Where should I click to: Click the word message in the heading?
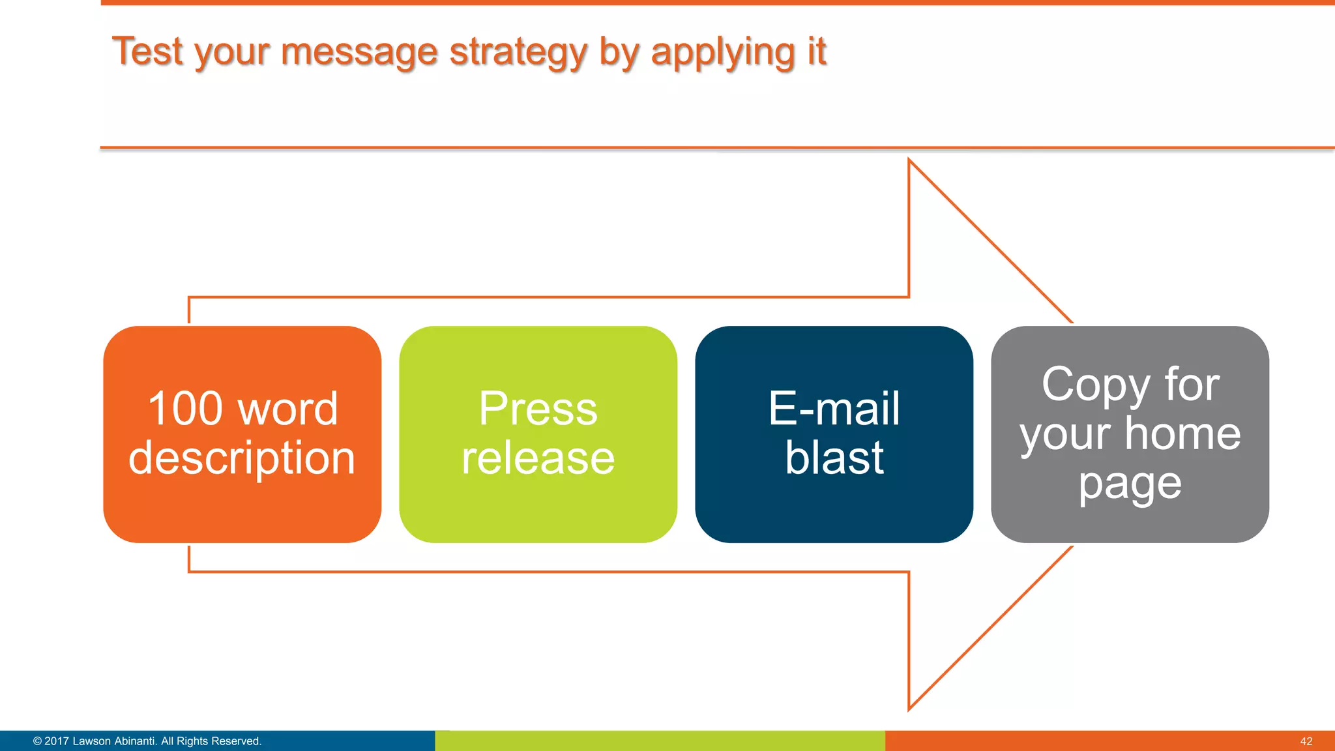tap(359, 52)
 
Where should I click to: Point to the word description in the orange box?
tap(242, 458)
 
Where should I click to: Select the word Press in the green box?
tap(538, 409)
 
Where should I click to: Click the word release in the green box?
tap(538, 458)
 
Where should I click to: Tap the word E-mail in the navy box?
tap(834, 409)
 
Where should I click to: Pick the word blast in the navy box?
tap(834, 458)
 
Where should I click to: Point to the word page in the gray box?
tap(1130, 485)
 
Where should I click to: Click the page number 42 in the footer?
tap(1306, 741)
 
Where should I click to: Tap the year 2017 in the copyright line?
tap(57, 741)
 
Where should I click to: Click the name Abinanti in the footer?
tap(134, 741)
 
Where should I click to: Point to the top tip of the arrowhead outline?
tap(909, 160)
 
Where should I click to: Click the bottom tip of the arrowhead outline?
tap(909, 709)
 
